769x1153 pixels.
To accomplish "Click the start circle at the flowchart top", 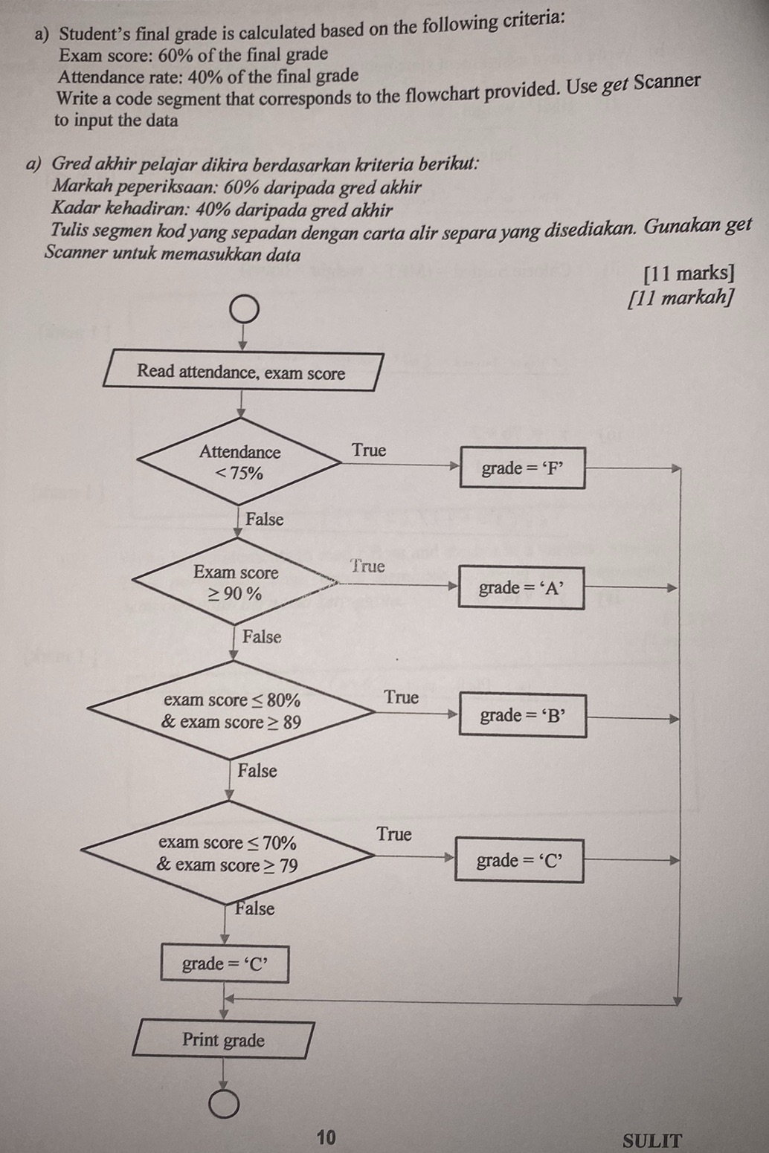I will [244, 309].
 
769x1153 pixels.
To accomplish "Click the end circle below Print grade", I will [224, 1105].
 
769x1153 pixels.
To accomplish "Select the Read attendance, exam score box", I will [242, 372].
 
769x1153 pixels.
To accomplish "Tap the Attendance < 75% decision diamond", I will [239, 462].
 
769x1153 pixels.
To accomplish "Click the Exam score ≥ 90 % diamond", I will [236, 582].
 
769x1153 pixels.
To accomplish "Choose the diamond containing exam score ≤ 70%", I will [228, 853].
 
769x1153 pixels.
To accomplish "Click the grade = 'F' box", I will [522, 468].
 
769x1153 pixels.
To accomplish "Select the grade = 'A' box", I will [521, 588].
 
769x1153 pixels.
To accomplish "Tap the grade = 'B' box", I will [522, 715].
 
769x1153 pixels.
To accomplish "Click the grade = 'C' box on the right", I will [519, 861].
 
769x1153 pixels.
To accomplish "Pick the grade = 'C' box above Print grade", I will [225, 964].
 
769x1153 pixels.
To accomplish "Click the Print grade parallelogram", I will [224, 1040].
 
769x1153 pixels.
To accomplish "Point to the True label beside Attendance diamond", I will [369, 450].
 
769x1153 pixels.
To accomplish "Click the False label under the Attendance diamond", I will [265, 520].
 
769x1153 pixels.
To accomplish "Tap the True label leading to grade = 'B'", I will [402, 697].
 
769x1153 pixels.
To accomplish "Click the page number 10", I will [326, 1137].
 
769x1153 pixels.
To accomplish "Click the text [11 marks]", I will [689, 274].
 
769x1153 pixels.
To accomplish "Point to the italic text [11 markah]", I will [681, 298].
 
